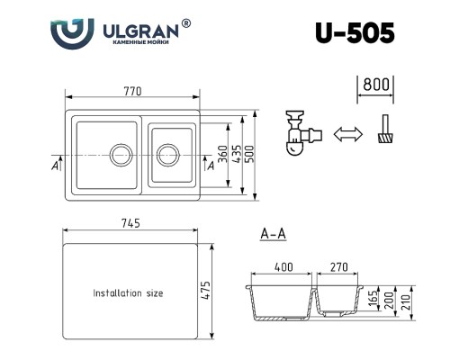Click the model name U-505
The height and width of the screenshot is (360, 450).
[355, 33]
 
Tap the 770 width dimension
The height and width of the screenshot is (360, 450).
[132, 91]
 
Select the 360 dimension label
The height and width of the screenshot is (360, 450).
[222, 154]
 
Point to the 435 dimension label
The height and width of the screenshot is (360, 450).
[237, 154]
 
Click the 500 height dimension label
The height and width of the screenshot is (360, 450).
[249, 154]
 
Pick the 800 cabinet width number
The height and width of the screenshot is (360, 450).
[376, 85]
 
